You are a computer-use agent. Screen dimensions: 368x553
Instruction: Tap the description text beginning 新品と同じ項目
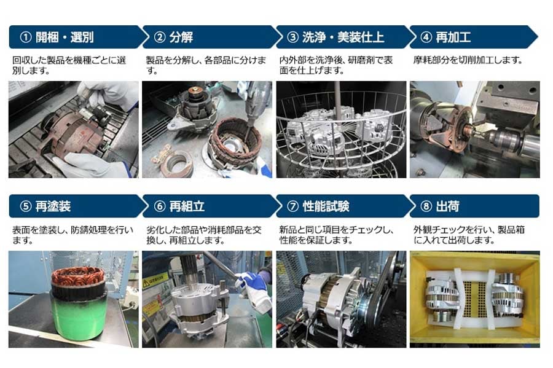tap(336, 235)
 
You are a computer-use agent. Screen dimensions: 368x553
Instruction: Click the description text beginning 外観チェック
tap(469, 235)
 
